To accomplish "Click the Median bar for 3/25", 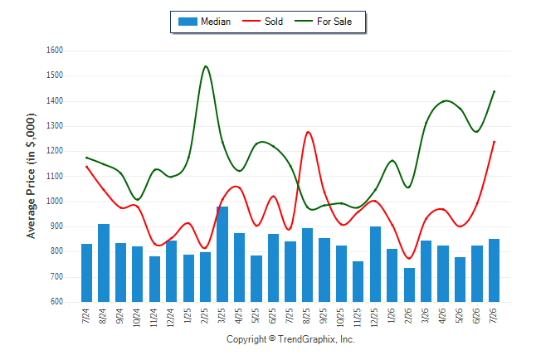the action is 222,254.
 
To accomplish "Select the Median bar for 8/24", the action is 104,263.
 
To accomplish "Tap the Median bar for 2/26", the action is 409,285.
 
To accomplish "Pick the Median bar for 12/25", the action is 375,264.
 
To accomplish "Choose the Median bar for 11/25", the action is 358,282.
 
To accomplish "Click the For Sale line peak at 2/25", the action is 206,66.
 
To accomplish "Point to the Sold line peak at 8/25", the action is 308,132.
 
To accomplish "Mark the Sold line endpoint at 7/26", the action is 494,142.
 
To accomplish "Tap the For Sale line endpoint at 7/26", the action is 494,91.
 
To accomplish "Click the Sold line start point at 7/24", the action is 86,167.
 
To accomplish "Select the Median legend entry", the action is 204,22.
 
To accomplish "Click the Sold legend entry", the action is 262,22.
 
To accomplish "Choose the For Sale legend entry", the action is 324,22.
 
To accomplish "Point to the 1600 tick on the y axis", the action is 55,51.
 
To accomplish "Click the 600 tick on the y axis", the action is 56,302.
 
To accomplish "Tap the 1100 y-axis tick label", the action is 55,176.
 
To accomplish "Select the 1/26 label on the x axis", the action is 392,315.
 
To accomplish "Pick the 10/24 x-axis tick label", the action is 137,317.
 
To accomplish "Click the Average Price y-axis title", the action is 31,176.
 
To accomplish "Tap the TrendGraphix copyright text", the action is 290,339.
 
